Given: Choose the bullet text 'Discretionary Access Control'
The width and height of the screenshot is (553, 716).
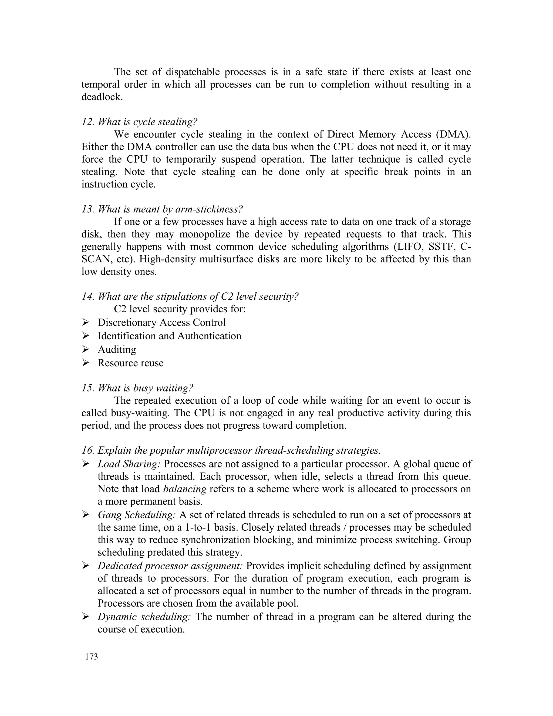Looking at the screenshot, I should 161,322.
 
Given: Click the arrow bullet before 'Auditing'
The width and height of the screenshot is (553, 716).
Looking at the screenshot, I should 86,349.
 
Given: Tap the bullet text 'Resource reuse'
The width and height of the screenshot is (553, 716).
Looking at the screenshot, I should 130,363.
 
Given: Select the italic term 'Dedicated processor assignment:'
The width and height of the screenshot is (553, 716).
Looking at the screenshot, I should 170,566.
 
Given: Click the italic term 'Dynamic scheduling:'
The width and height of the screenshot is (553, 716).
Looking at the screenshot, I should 144,617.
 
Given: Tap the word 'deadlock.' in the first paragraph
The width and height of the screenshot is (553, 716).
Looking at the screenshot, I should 102,97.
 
